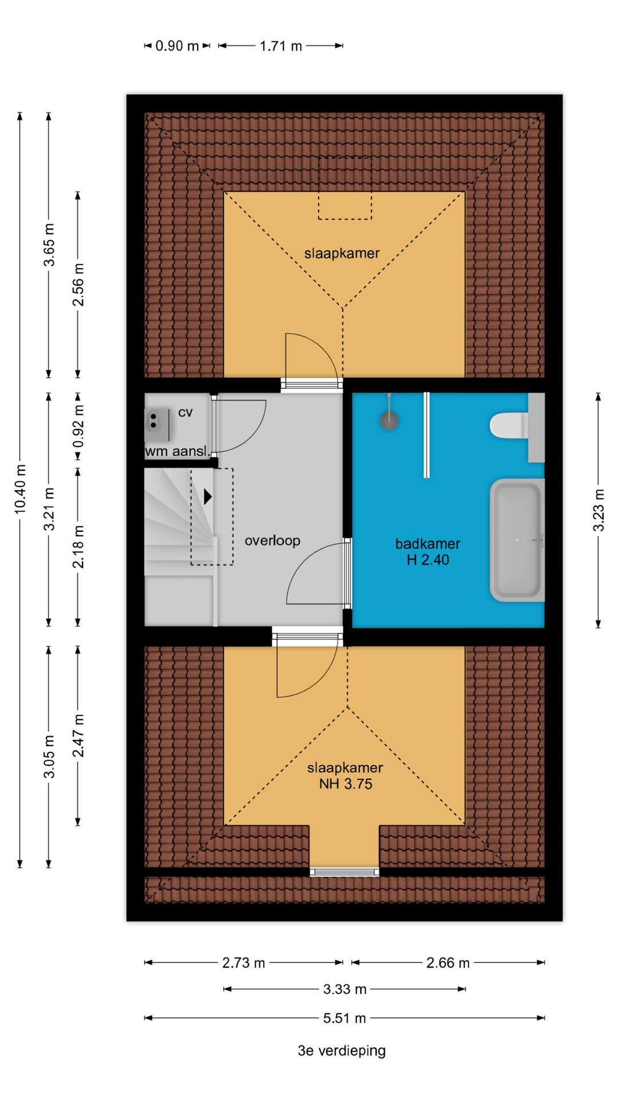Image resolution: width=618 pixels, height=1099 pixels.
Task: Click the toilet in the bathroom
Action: pyautogui.click(x=509, y=426)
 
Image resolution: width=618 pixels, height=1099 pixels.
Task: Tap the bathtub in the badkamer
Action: pyautogui.click(x=517, y=540)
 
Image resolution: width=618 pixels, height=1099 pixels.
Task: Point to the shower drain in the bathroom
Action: pyautogui.click(x=389, y=421)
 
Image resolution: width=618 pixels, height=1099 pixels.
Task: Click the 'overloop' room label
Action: pyautogui.click(x=272, y=540)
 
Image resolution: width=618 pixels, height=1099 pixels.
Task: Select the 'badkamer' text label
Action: pyautogui.click(x=427, y=544)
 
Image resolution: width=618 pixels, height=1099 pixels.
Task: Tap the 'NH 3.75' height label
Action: pyautogui.click(x=346, y=784)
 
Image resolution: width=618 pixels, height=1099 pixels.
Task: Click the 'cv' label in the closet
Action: pyautogui.click(x=185, y=413)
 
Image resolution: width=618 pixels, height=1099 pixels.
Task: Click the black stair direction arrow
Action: pyautogui.click(x=208, y=496)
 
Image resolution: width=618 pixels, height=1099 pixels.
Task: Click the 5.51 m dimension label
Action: pyautogui.click(x=344, y=1018)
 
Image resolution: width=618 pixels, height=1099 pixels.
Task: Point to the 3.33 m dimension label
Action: pyautogui.click(x=344, y=989)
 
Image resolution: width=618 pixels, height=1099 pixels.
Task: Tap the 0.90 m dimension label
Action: pyautogui.click(x=177, y=46)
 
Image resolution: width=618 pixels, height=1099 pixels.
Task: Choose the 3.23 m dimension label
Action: pyautogui.click(x=598, y=510)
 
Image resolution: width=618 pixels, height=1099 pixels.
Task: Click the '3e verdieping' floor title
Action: pyautogui.click(x=342, y=1051)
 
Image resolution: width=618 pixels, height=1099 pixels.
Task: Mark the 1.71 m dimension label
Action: pyautogui.click(x=280, y=46)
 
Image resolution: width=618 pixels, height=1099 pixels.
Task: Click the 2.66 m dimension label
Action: pyautogui.click(x=448, y=963)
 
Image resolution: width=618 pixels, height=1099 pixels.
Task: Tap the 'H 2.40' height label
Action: pyautogui.click(x=427, y=560)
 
